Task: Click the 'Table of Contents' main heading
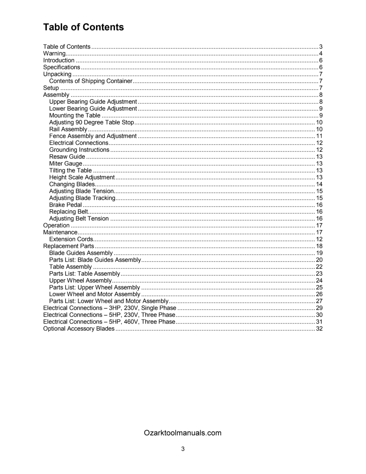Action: [83, 27]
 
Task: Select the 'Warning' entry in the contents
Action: [54, 54]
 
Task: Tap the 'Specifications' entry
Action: [62, 67]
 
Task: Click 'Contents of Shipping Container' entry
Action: [90, 81]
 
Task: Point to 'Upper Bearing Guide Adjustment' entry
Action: [93, 102]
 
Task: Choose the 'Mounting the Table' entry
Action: [75, 115]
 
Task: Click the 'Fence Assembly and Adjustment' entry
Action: [93, 136]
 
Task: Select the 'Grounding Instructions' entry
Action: [79, 150]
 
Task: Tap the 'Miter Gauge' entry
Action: [66, 164]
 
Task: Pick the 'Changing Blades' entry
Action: [72, 184]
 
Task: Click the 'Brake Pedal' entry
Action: [66, 205]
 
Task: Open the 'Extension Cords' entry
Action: [71, 239]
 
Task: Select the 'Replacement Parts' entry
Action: [68, 246]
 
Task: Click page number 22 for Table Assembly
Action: [319, 267]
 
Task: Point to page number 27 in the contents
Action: [319, 301]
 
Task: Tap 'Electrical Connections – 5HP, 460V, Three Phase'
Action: [109, 322]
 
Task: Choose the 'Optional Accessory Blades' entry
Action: [79, 329]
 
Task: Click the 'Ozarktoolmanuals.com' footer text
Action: [183, 433]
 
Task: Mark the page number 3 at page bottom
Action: [183, 449]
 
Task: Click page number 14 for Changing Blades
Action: [319, 184]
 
